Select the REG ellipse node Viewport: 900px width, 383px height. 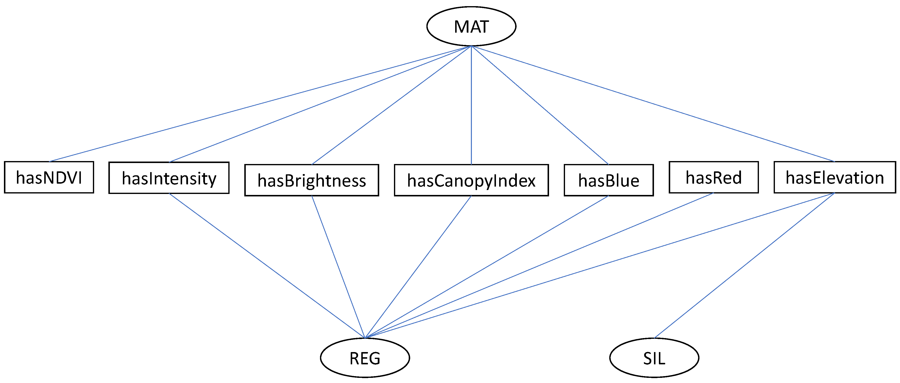(365, 358)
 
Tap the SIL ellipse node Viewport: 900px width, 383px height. (654, 358)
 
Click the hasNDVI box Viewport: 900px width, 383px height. (49, 177)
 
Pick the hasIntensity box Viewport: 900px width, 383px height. (169, 178)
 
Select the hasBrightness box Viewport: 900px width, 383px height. (311, 180)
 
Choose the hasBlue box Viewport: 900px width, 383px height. (608, 180)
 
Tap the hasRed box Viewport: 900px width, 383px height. (713, 177)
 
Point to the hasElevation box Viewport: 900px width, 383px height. (834, 177)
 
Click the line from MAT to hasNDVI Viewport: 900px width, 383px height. (260, 104)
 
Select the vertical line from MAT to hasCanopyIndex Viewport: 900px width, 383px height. (471, 105)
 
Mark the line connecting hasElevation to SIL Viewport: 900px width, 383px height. (744, 265)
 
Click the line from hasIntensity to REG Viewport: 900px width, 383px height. (267, 266)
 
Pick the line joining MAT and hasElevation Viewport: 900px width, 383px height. (653, 104)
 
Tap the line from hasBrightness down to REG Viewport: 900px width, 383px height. (338, 267)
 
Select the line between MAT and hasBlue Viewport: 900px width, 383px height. (540, 105)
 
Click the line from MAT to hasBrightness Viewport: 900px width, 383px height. (391, 105)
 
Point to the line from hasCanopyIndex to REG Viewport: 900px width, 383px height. (418, 267)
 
